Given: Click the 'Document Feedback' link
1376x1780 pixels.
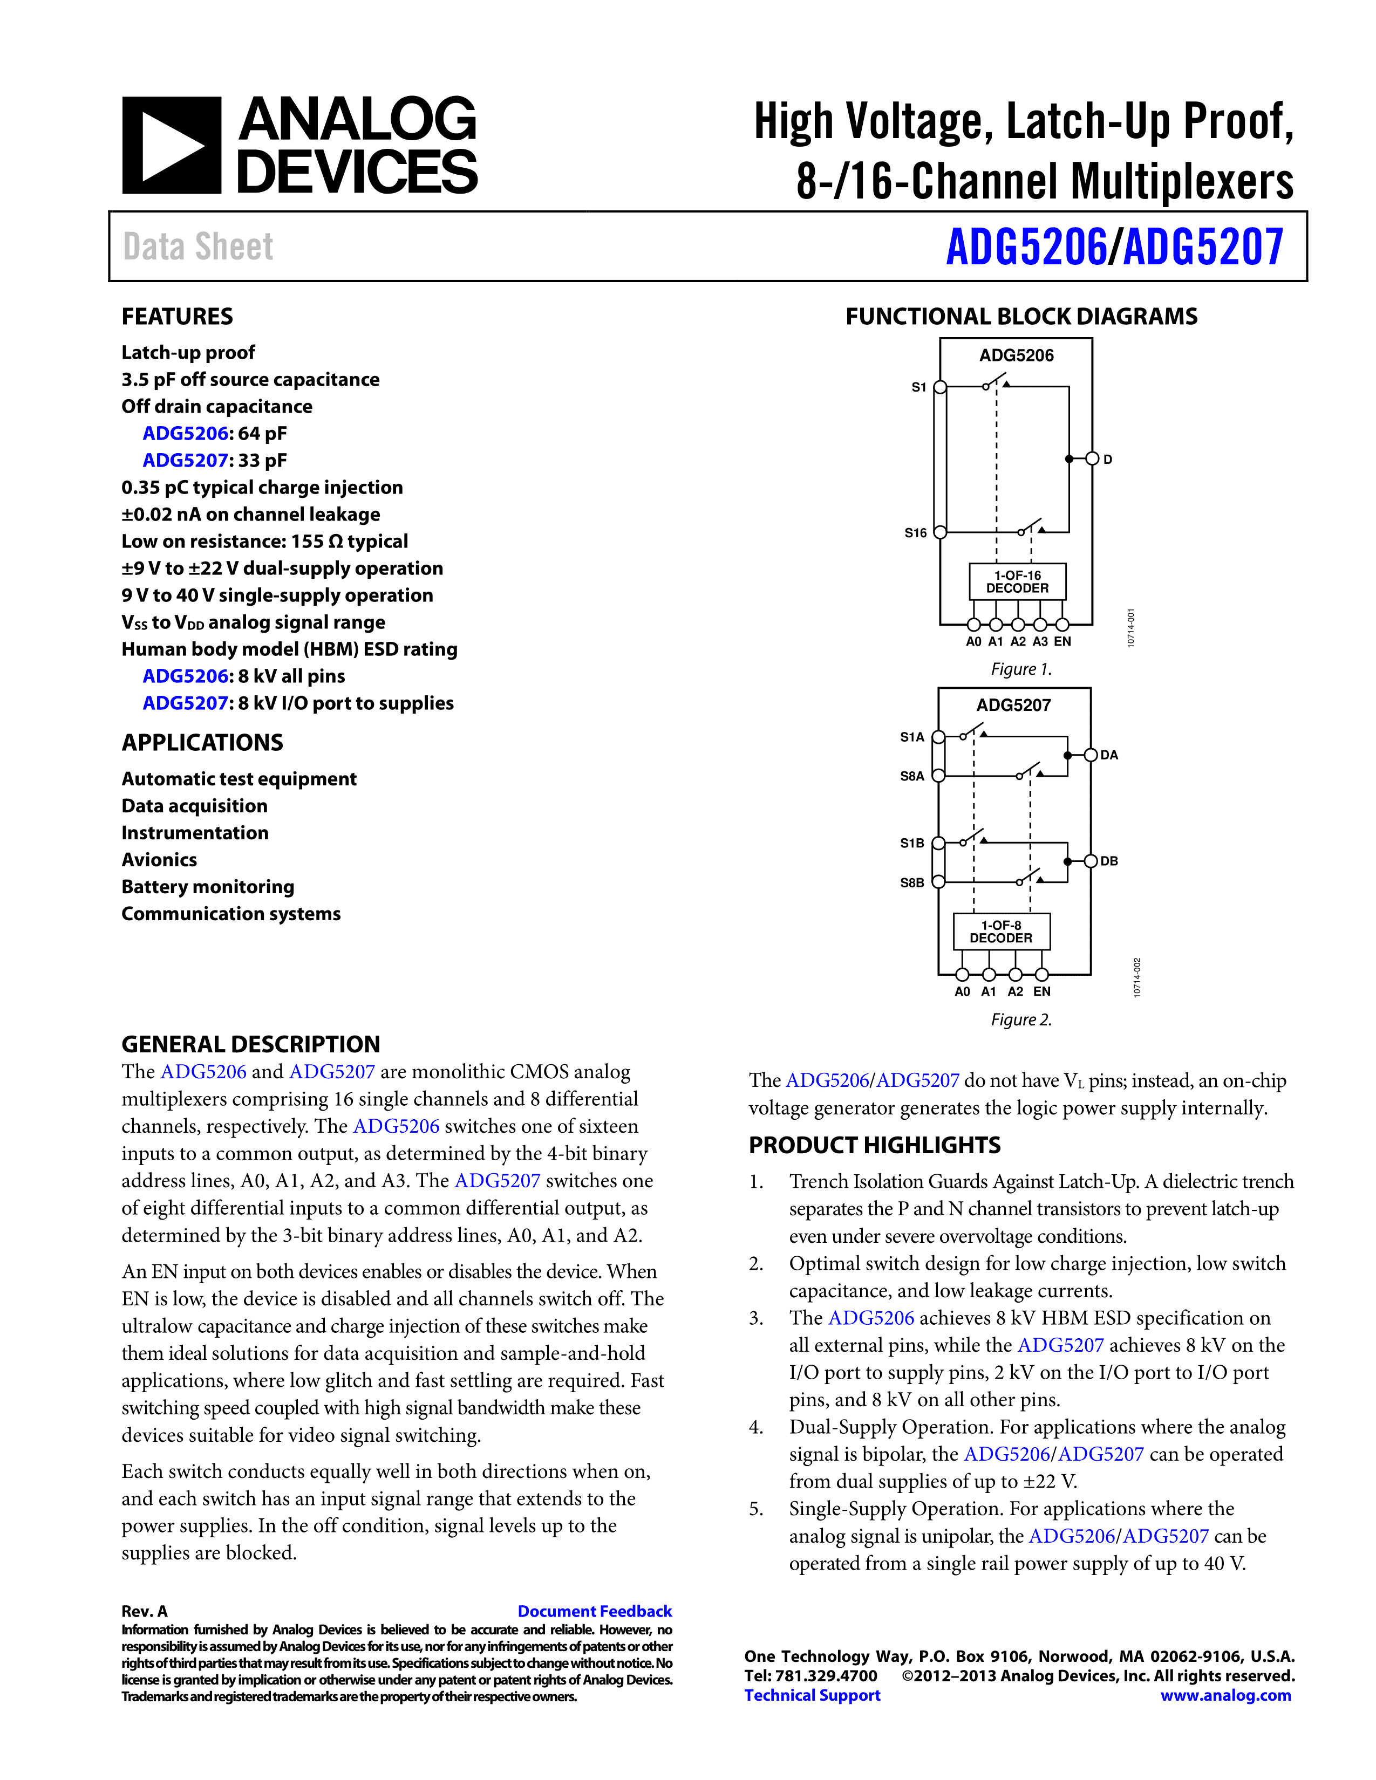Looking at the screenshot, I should pos(594,1611).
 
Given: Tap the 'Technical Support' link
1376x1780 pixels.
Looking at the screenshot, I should pos(812,1695).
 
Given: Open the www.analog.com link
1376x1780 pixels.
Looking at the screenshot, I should pos(1225,1695).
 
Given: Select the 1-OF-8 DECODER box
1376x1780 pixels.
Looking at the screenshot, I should pos(1001,932).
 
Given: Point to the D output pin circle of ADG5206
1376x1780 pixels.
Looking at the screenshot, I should pos(1092,459).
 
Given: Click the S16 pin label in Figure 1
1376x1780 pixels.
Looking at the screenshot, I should pos(915,533).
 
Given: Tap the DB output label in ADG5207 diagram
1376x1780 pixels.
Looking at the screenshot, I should pos(1109,861).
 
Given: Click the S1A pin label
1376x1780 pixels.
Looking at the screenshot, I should pos(912,737).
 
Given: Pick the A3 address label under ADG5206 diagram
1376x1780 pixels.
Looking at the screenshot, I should pos(1040,641).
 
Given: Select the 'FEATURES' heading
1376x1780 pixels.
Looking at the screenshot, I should pos(177,316).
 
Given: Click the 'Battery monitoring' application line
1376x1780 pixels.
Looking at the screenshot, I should pos(208,887).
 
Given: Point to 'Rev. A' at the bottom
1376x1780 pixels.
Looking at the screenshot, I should pos(144,1611).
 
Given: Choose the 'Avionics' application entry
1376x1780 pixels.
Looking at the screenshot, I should pos(159,860).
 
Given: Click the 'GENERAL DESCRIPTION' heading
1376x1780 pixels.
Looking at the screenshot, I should pos(250,1044).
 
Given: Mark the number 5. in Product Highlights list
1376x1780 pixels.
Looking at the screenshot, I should pos(757,1509).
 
